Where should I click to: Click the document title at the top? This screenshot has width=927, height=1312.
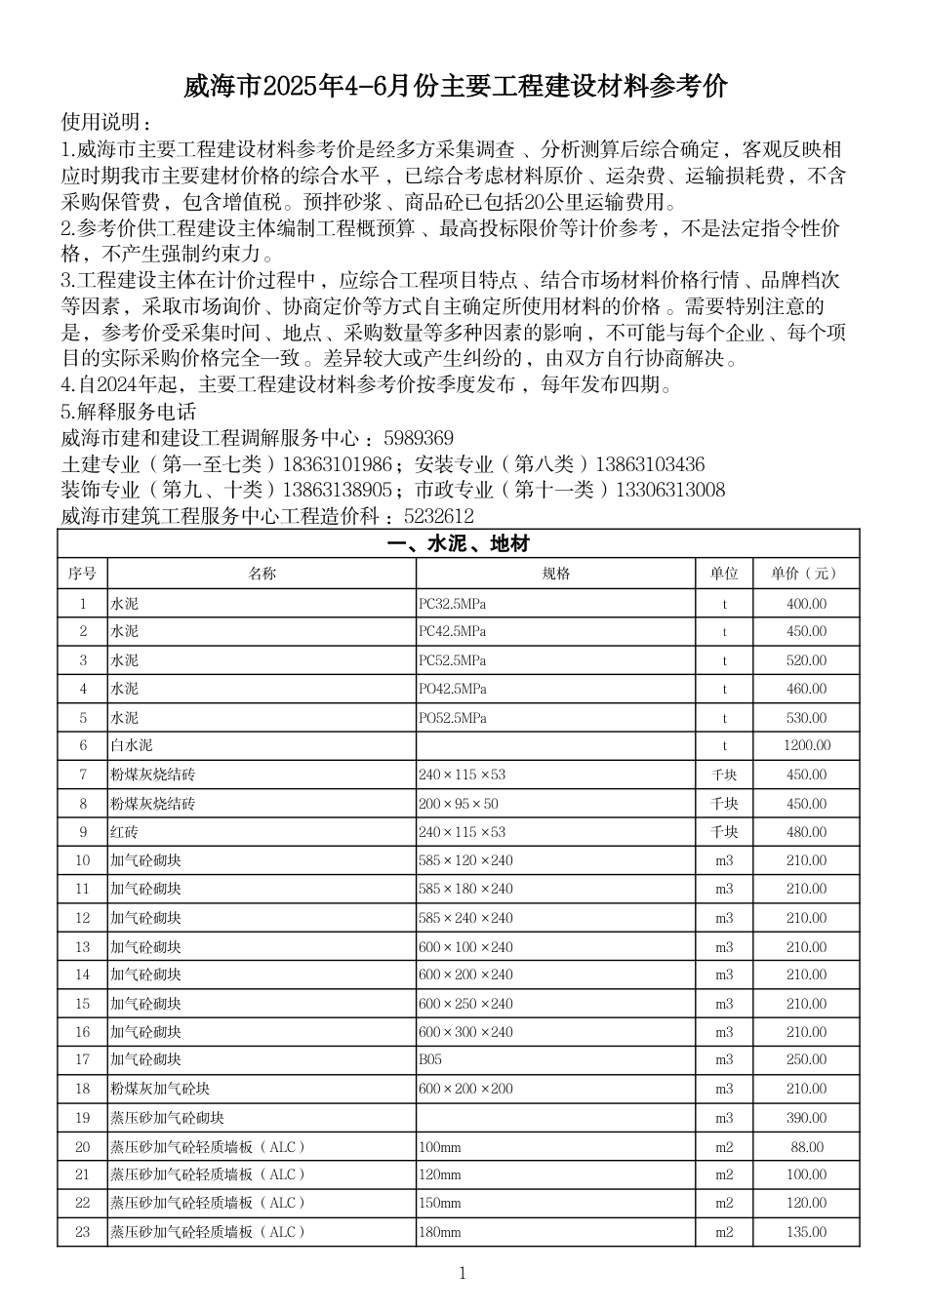pos(456,88)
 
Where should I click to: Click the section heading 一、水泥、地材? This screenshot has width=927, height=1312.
pos(458,544)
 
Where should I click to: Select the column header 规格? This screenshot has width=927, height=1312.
pos(555,574)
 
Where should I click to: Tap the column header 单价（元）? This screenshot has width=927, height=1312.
pos(805,574)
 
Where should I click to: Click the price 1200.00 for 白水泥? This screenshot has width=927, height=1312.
pos(806,745)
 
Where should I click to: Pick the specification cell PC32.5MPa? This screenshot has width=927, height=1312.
pos(452,604)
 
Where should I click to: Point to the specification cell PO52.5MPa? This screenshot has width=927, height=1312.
pos(452,718)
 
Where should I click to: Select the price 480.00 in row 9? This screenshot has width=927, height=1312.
pos(806,832)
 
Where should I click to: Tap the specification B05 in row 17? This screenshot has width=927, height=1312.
pos(429,1059)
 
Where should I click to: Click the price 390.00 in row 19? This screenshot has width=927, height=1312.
pos(806,1118)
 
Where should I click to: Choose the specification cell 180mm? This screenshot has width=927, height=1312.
pos(439,1232)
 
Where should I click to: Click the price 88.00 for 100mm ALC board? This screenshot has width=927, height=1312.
pos(806,1147)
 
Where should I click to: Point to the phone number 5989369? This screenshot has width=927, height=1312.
pos(419,438)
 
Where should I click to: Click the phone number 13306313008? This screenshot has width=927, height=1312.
pos(669,490)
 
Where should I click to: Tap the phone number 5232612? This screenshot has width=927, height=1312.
pos(438,516)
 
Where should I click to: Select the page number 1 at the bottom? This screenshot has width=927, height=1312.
pos(463,1273)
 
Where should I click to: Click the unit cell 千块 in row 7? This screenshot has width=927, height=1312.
pos(724,775)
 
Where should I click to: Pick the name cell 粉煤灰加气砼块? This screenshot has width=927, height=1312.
pos(159,1089)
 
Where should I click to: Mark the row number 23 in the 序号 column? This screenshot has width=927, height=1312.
pos(82,1232)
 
